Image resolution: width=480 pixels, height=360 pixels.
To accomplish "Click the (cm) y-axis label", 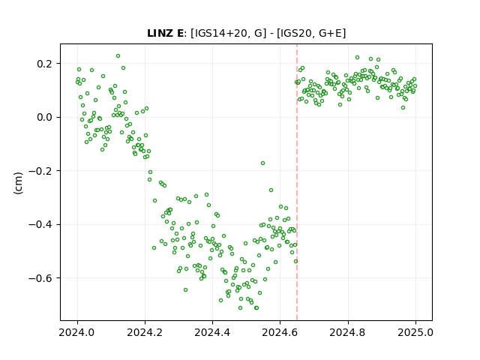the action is click(x=18, y=183).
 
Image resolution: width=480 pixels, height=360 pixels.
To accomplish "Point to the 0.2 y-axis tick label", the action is click(x=45, y=64).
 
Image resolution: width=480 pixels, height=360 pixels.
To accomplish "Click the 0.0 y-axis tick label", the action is click(x=45, y=117).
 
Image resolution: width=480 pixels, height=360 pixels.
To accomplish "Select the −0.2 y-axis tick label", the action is click(x=40, y=171).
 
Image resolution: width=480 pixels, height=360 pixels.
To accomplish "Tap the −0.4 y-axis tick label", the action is click(x=40, y=224).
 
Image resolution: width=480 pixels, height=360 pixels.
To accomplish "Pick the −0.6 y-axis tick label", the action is click(x=40, y=278).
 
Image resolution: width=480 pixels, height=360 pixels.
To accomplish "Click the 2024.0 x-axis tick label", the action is click(x=77, y=332).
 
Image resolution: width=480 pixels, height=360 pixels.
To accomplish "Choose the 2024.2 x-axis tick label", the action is click(x=145, y=332).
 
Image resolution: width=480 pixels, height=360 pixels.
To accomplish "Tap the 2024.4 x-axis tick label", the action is click(x=212, y=332).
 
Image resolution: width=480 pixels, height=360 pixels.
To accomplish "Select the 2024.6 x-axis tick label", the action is click(x=280, y=332).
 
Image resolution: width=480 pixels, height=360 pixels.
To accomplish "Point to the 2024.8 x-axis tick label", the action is click(x=348, y=332).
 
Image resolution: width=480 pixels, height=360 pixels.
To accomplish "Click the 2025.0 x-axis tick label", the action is click(x=415, y=332).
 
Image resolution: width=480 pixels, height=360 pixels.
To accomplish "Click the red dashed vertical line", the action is click(x=297, y=182).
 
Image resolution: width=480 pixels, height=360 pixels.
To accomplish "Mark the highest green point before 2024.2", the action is click(x=118, y=56).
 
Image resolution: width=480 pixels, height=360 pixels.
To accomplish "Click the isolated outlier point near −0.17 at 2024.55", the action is click(x=262, y=163).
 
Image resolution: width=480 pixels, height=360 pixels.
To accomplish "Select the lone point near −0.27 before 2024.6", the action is click(x=271, y=190).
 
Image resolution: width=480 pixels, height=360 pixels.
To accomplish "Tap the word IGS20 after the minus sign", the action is click(x=296, y=33).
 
